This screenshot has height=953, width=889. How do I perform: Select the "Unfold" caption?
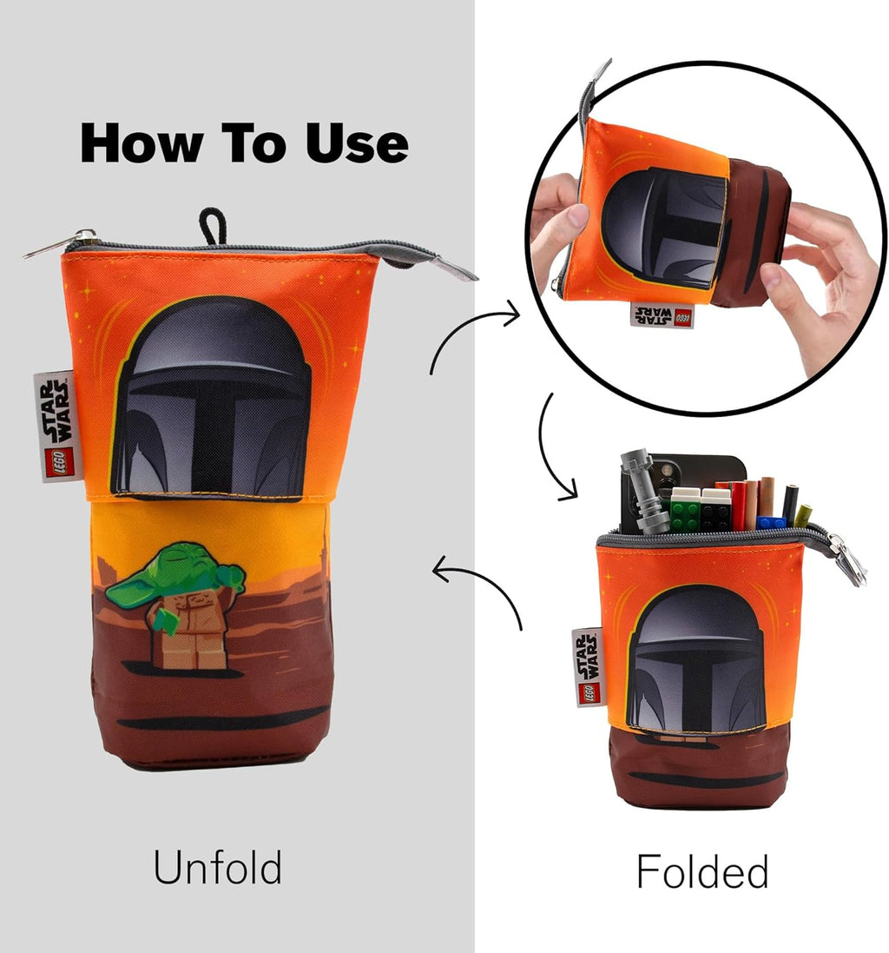[217, 867]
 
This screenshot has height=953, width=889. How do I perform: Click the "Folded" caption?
[702, 871]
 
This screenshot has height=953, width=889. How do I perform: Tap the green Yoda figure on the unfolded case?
[176, 605]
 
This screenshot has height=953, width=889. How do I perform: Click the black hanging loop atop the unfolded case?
[212, 227]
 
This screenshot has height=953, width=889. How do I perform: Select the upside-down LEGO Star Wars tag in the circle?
[662, 314]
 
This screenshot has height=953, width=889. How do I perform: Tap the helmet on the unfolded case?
[210, 398]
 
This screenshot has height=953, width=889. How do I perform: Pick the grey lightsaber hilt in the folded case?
[642, 493]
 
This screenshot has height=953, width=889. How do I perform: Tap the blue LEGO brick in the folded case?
[771, 523]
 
